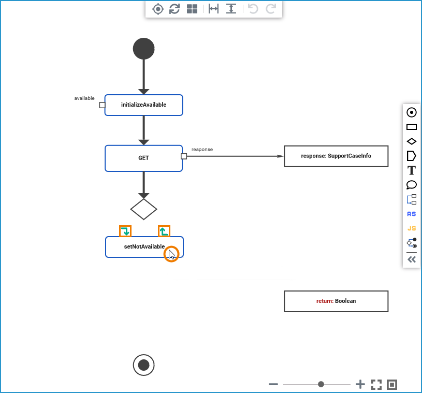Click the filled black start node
(x=143, y=49)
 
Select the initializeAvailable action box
(x=143, y=105)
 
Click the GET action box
(x=143, y=158)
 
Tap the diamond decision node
(x=143, y=209)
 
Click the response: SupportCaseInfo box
(x=336, y=156)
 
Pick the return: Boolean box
(x=336, y=301)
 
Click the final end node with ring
(x=143, y=365)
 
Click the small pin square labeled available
(x=102, y=105)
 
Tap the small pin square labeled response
(x=184, y=156)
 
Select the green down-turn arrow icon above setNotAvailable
(x=125, y=231)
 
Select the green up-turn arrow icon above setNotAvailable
(x=164, y=231)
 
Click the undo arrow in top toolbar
(x=253, y=9)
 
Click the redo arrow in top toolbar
(x=270, y=9)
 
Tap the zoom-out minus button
(x=274, y=384)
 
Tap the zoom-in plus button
(x=360, y=384)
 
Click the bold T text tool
(x=412, y=170)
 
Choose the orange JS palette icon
(x=412, y=228)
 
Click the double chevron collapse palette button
(x=412, y=259)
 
